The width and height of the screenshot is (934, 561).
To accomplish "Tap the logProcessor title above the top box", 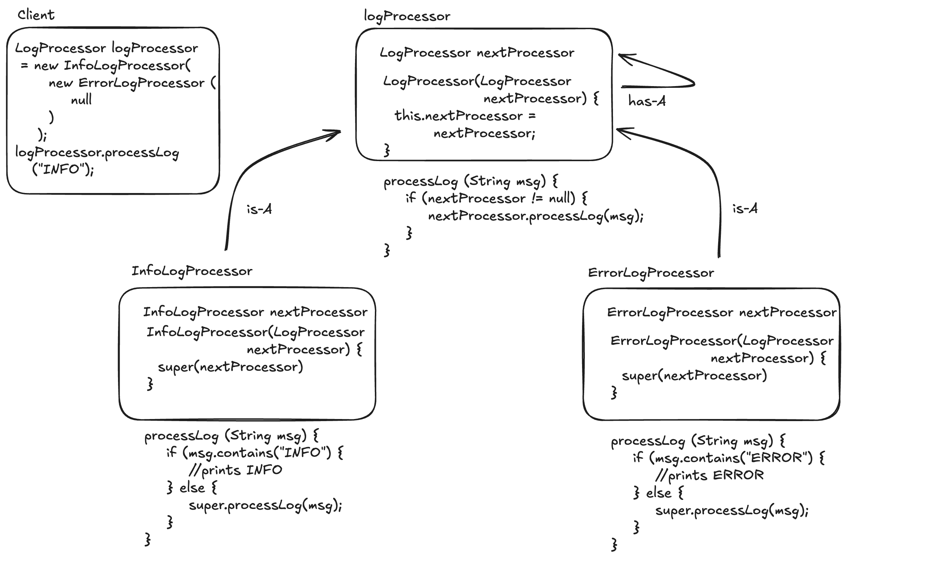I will (406, 16).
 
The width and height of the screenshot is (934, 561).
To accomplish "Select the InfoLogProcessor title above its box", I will (192, 271).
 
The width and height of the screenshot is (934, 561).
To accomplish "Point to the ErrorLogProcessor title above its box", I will (651, 273).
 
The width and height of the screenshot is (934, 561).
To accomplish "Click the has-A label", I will (647, 101).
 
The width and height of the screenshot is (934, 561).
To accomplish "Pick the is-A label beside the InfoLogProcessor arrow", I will (259, 209).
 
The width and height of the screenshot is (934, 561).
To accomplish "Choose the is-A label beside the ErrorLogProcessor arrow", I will (745, 209).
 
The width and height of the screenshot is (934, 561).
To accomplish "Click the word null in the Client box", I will (81, 100).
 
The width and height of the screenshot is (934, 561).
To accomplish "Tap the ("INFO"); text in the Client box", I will (63, 169).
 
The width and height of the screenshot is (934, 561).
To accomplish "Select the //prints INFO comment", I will (235, 470).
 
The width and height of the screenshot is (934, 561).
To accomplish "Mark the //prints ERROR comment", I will (709, 476).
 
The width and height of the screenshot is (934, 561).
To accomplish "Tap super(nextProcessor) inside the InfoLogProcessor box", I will (230, 367).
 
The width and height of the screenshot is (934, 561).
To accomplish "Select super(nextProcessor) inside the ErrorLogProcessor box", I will (694, 376).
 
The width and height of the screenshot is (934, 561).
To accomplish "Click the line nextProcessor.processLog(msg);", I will (536, 216).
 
